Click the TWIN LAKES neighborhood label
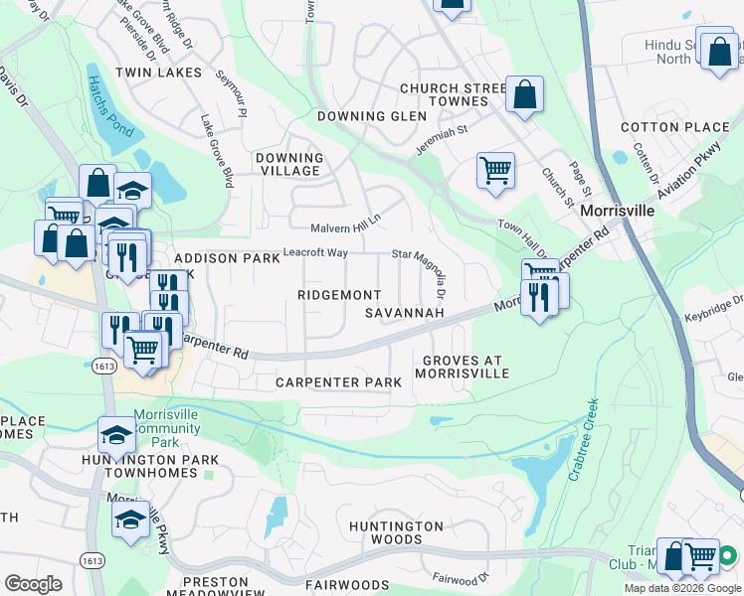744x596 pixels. (x=158, y=73)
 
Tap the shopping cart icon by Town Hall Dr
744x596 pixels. (x=494, y=169)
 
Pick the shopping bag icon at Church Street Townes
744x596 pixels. (x=524, y=95)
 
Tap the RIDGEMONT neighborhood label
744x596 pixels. (x=339, y=295)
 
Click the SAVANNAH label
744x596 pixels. (x=404, y=313)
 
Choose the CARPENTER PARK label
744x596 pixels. (x=338, y=382)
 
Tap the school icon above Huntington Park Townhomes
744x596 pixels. (x=116, y=434)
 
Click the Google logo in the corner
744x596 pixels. (x=33, y=583)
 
